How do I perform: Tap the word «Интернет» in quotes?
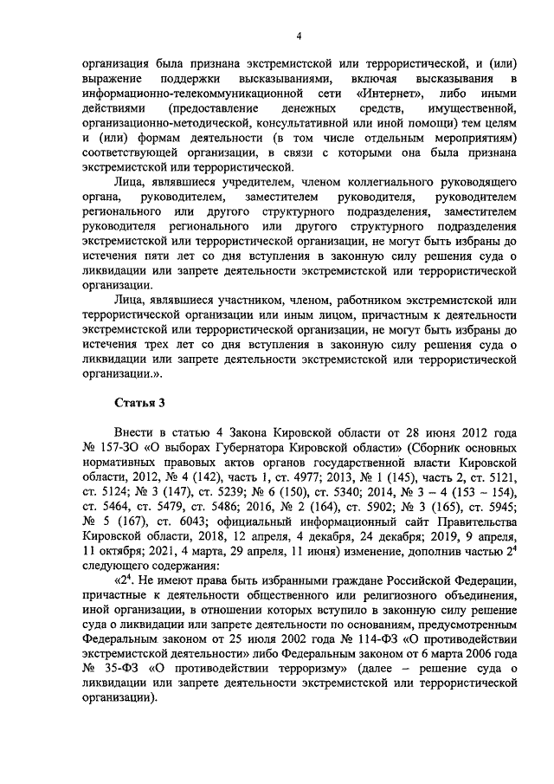tap(373, 94)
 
